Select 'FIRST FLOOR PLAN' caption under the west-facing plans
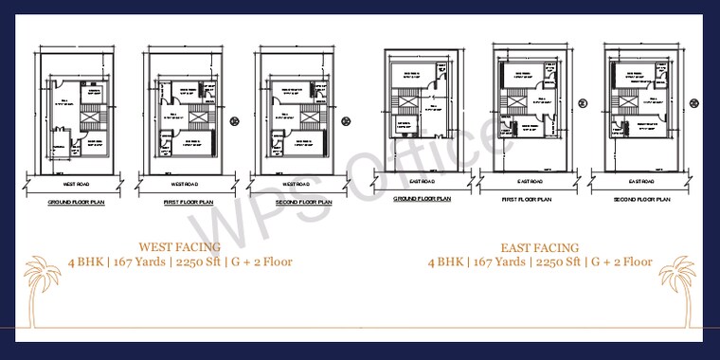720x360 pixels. (189, 202)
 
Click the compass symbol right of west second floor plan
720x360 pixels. (345, 119)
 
